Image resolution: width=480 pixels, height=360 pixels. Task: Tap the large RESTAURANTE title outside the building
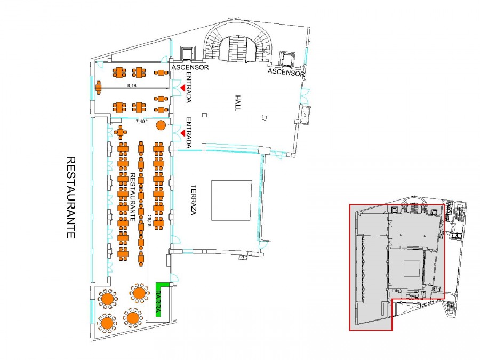[x=71, y=197]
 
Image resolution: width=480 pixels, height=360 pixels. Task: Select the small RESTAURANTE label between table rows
[x=133, y=197]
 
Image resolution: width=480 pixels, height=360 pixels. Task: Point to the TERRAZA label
[x=194, y=200]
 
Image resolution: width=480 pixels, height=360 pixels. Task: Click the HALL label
[x=238, y=103]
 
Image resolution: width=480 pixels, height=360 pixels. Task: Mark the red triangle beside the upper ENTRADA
[x=182, y=88]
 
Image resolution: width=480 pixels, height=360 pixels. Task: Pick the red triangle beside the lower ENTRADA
[x=182, y=133]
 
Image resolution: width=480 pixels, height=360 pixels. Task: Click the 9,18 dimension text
[x=132, y=86]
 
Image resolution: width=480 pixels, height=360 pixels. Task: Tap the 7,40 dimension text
[x=140, y=121]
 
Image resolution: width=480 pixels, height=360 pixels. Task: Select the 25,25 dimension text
[x=149, y=220]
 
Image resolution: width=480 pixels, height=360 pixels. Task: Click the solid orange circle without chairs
[x=161, y=125]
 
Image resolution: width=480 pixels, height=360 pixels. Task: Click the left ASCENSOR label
[x=190, y=67]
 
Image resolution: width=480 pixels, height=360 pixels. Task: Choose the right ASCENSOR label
[x=286, y=73]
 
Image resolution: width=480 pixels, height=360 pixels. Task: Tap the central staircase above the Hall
[x=238, y=49]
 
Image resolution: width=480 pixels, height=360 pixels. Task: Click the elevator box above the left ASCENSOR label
[x=187, y=53]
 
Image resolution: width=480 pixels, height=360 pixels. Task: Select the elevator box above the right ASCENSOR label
[x=287, y=59]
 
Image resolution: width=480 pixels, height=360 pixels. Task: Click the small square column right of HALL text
[x=265, y=118]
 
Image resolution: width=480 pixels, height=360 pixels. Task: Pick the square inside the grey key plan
[x=412, y=269]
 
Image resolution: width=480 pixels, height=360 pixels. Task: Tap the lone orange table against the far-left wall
[x=98, y=87]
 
